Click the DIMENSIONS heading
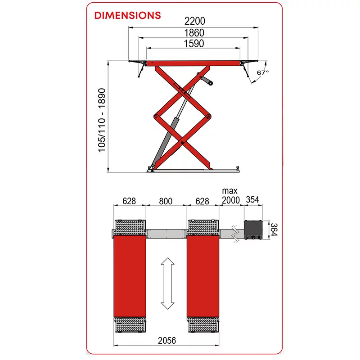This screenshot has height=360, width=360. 127,15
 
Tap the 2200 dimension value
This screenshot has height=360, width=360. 195,21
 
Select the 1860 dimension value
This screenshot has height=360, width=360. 194,33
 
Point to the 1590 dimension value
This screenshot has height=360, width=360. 194,43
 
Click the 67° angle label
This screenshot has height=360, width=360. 262,72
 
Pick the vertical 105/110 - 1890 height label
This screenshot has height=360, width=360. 102,120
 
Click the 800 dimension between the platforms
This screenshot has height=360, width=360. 166,201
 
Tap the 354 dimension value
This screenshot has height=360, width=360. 252,199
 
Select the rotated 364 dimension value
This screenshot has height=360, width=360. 274,229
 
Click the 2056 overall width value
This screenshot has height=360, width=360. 167,341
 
